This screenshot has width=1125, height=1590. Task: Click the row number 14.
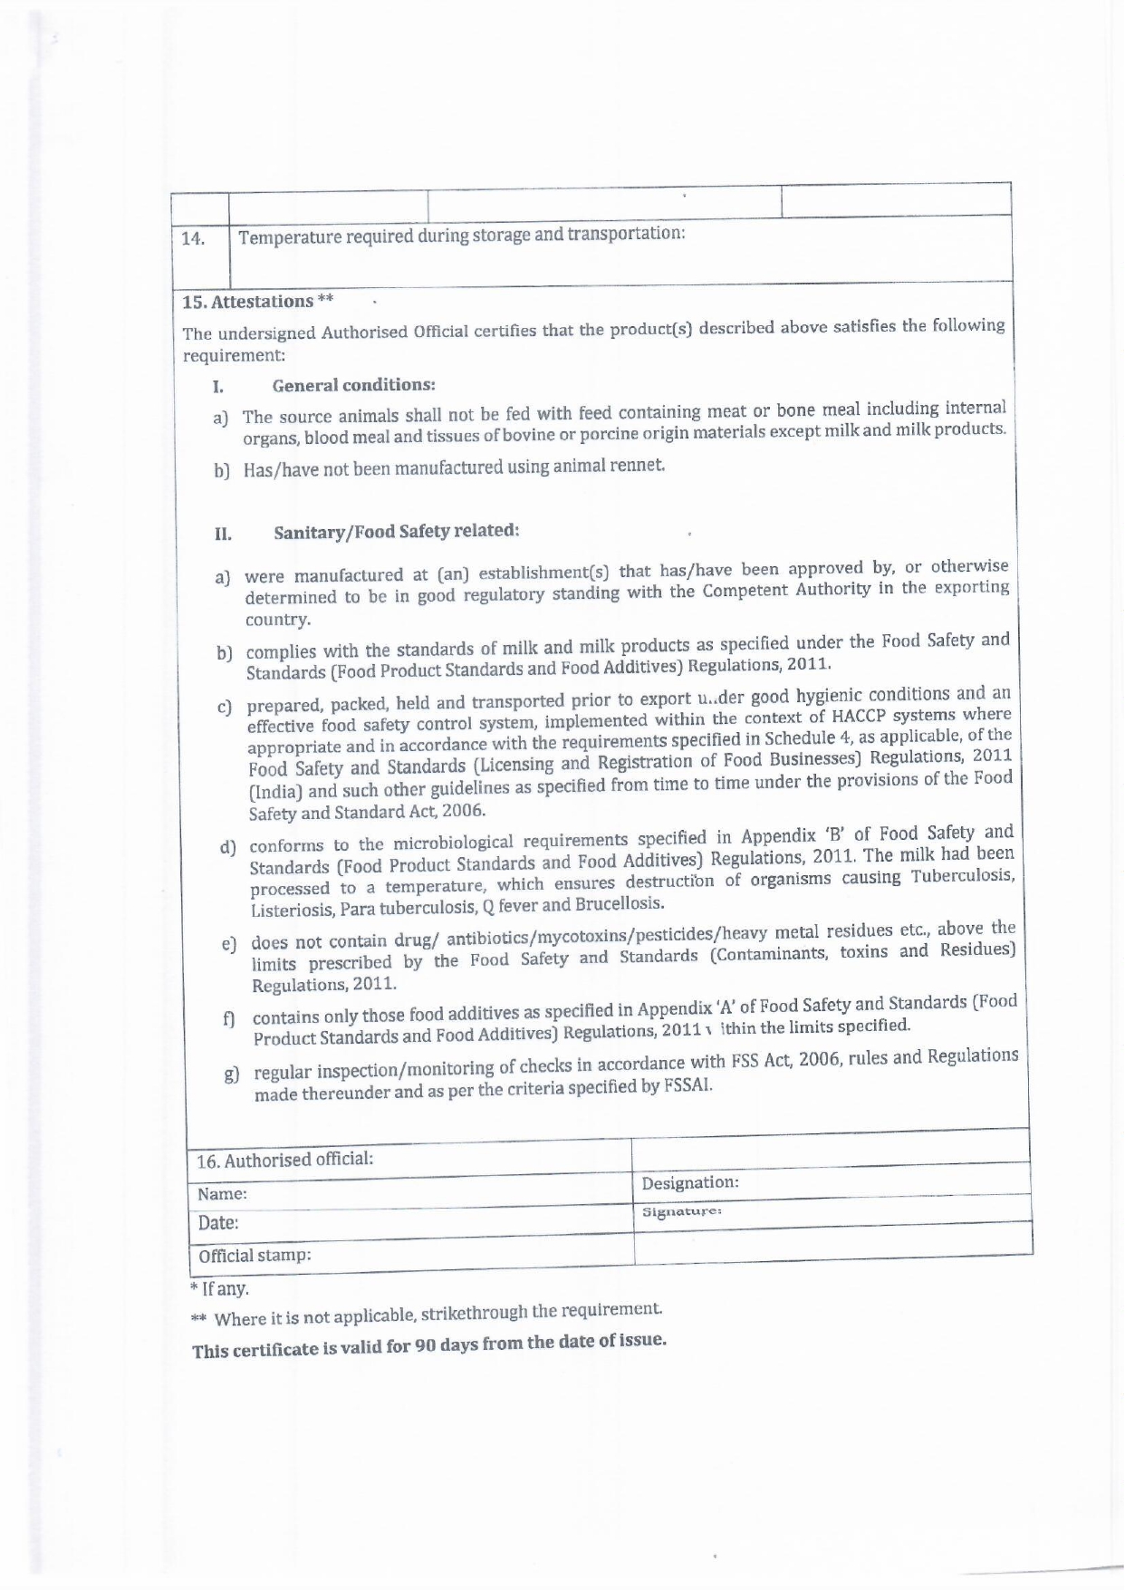(x=192, y=239)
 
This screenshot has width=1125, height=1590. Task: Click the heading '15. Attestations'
(x=248, y=302)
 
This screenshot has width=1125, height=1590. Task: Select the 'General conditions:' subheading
(x=353, y=385)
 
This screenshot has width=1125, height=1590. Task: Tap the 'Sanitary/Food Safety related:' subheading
(x=396, y=531)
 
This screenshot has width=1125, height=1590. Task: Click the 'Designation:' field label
(x=690, y=1183)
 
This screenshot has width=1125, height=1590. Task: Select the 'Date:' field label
(x=218, y=1223)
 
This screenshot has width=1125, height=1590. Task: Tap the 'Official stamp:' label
(x=255, y=1256)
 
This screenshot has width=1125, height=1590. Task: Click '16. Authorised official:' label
(x=285, y=1160)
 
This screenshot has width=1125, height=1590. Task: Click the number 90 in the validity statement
(x=427, y=1345)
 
